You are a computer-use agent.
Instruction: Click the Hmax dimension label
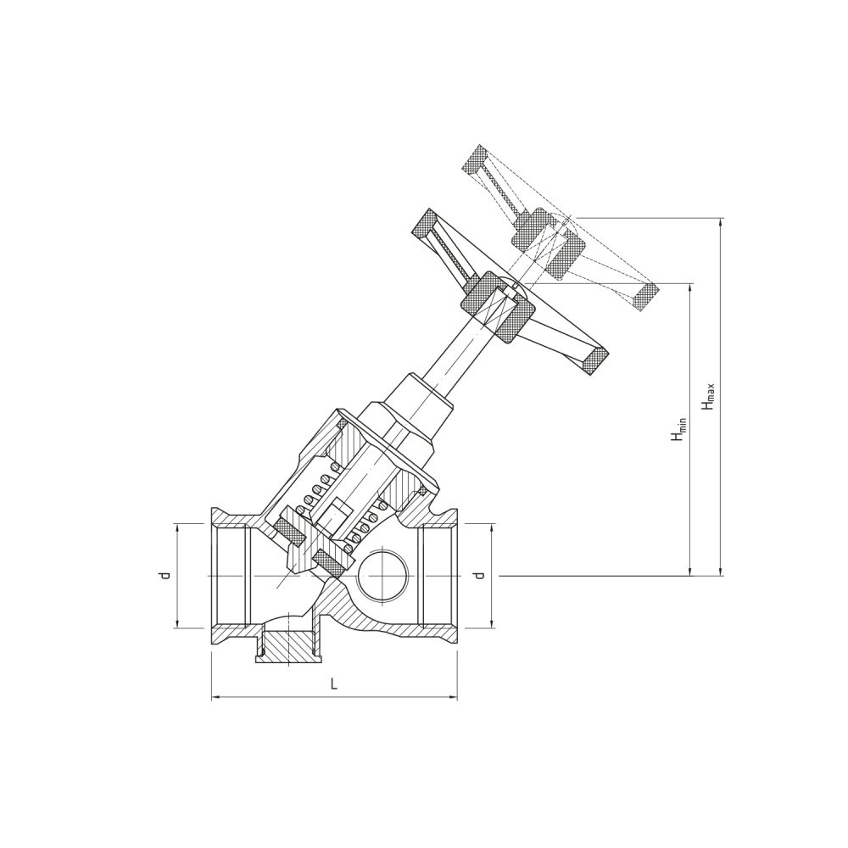[x=708, y=396]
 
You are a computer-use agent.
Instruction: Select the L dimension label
[x=334, y=684]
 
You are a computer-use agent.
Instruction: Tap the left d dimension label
[x=165, y=575]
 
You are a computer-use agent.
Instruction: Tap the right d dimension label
[x=477, y=575]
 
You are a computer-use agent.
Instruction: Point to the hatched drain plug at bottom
[x=287, y=647]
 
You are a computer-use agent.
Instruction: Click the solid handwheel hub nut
[x=499, y=307]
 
